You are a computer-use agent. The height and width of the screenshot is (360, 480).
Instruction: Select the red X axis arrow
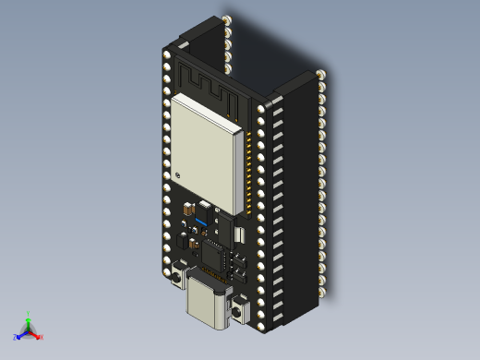36,335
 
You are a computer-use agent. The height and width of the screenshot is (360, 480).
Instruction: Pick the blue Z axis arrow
19,336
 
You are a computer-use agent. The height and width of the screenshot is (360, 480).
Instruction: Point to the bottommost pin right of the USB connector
263,323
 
